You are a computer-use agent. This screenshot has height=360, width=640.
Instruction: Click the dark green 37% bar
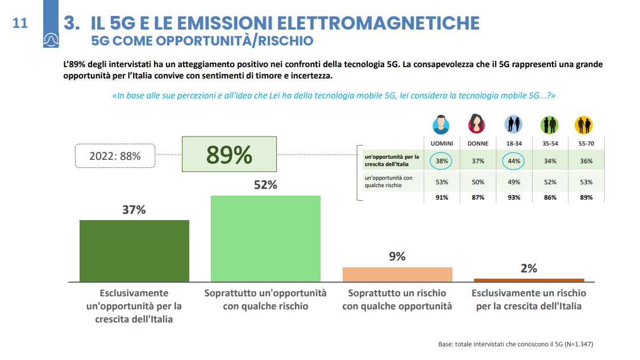[134, 250]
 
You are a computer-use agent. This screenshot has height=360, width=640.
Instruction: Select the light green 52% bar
[265, 238]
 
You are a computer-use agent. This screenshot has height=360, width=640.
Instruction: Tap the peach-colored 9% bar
[397, 274]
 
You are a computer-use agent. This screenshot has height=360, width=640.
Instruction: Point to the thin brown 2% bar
[529, 280]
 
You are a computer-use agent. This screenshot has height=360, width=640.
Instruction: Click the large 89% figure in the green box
[229, 155]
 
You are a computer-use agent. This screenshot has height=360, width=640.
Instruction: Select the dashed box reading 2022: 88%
[115, 155]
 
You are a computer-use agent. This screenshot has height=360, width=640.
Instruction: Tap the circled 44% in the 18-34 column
[514, 161]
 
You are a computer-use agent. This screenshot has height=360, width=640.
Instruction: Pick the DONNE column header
[477, 144]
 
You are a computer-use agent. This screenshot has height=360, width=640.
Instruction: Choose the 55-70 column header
[586, 144]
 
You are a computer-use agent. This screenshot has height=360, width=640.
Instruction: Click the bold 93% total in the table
[514, 197]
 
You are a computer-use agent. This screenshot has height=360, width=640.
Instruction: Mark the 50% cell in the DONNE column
[477, 182]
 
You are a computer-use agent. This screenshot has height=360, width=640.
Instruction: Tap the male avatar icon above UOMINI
[442, 125]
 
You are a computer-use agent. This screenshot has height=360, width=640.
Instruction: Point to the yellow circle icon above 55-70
[584, 125]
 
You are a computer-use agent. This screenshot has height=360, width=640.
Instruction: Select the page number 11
[20, 23]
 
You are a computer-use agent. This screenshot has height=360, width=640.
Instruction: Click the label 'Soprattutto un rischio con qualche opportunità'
[397, 300]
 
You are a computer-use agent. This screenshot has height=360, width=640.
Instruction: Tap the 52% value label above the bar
[265, 185]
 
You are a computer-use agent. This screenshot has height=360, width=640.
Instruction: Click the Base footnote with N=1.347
[516, 344]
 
